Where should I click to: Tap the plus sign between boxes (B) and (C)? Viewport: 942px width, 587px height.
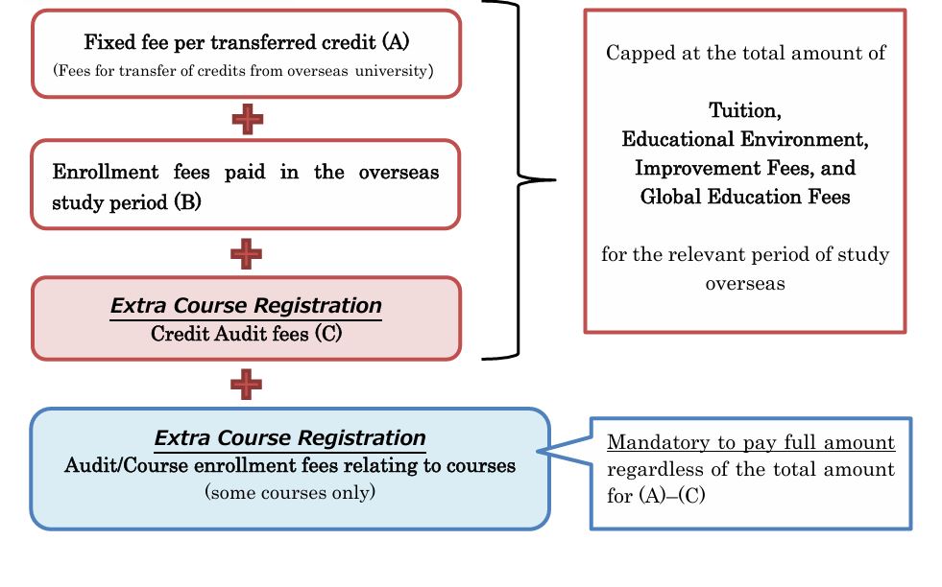pos(247,253)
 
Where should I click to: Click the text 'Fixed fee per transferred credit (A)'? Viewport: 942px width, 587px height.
pos(247,42)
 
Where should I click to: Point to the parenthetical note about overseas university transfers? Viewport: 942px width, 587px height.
pos(247,70)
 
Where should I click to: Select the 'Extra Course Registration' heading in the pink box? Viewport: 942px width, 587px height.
pos(247,306)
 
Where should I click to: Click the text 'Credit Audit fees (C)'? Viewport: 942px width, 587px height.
pos(247,335)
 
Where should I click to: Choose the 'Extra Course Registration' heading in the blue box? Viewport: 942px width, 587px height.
pos(290,438)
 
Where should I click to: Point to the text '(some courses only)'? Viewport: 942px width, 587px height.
pos(290,492)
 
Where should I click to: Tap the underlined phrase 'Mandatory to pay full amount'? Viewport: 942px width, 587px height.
pos(750,443)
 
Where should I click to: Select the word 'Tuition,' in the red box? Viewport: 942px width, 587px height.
pos(745,109)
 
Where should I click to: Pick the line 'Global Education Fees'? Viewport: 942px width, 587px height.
pos(745,197)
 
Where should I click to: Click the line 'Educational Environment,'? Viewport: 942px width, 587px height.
pos(745,139)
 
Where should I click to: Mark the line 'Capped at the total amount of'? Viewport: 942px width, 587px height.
pos(745,53)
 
